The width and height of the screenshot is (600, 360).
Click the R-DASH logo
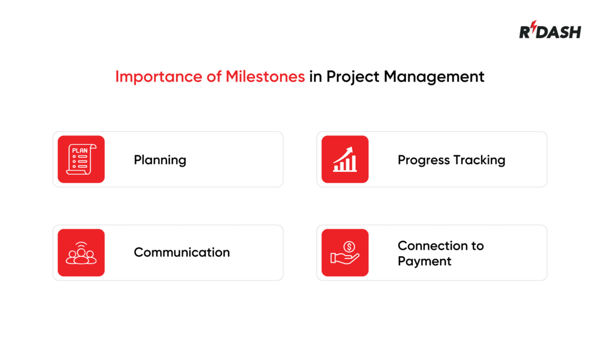(550, 32)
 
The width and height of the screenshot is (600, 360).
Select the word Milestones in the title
(265, 77)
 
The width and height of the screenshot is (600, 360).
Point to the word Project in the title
(355, 77)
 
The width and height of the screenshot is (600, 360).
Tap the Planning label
(160, 159)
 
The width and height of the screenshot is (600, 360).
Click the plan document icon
(81, 159)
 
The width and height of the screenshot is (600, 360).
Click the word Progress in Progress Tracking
(424, 159)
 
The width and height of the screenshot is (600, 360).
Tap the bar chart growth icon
(345, 159)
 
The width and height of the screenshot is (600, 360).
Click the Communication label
(182, 252)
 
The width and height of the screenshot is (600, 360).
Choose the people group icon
(81, 253)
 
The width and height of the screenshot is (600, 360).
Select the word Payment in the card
(424, 261)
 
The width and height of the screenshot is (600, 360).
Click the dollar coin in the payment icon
(349, 247)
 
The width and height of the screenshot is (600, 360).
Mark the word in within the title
(316, 77)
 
